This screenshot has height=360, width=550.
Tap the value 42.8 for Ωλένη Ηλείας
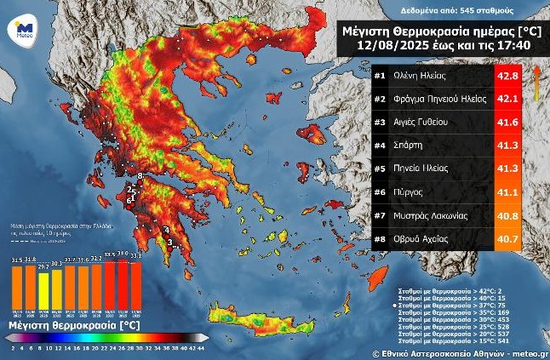point(507,76)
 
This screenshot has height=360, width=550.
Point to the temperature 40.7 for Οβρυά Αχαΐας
point(507,240)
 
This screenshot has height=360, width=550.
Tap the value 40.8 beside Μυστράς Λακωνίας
point(507,217)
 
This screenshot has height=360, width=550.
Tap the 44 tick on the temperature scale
point(200,348)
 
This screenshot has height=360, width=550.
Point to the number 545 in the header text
point(469,11)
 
